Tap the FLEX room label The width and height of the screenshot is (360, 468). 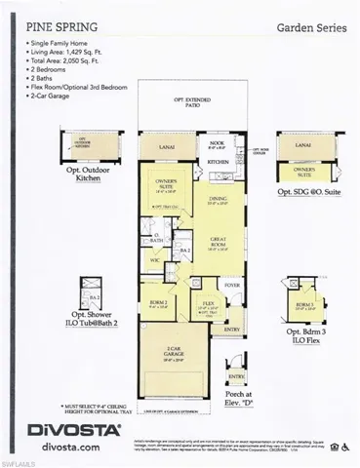(208, 304)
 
